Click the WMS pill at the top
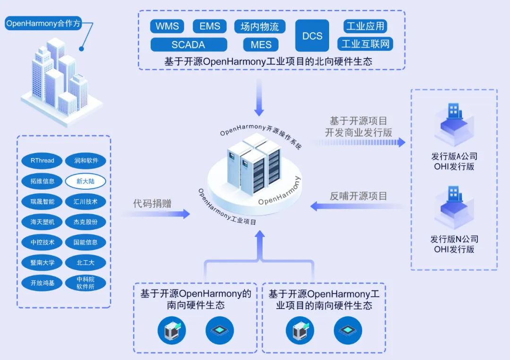pos(167,26)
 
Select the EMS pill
pos(210,26)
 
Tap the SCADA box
pos(188,45)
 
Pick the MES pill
pos(261,45)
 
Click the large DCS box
pos(312,35)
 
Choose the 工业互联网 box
pos(365,44)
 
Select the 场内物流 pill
pos(260,26)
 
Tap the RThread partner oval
pos(42,160)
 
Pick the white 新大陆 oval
pos(85,181)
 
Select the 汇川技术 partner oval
pos(85,201)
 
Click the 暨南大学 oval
pos(42,262)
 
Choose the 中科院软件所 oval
pos(85,283)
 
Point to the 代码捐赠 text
pos(152,204)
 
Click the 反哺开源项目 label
pos(358,196)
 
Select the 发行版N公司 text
pos(454,239)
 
